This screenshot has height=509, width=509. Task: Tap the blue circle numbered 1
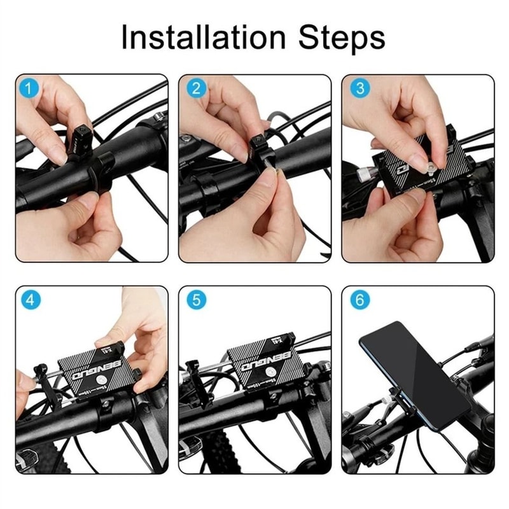coord(29,88)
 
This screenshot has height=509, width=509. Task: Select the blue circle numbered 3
coord(359,88)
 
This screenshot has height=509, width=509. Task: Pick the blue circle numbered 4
coord(29,300)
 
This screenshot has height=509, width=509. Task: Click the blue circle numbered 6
coord(359,300)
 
